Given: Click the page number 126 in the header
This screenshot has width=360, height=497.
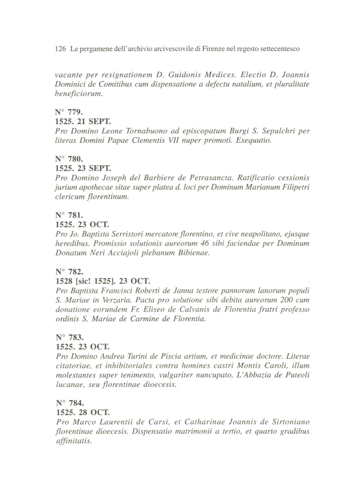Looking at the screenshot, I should pyautogui.click(x=60, y=49).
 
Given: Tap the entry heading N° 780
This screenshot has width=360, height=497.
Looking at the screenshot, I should pyautogui.click(x=69, y=159).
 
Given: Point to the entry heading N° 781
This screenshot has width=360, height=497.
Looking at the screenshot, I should pyautogui.click(x=69, y=215).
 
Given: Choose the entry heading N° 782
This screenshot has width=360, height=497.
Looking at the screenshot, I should pyautogui.click(x=69, y=272).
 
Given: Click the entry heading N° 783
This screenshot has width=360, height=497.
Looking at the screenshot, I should pyautogui.click(x=69, y=337).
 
